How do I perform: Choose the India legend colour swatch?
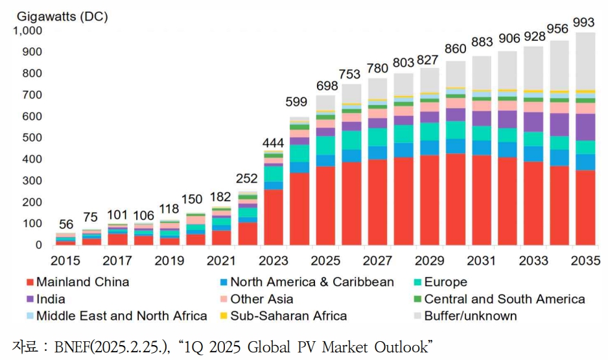coord(30,299)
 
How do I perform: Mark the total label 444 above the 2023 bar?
coord(274,142)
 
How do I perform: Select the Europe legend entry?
coord(445,282)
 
